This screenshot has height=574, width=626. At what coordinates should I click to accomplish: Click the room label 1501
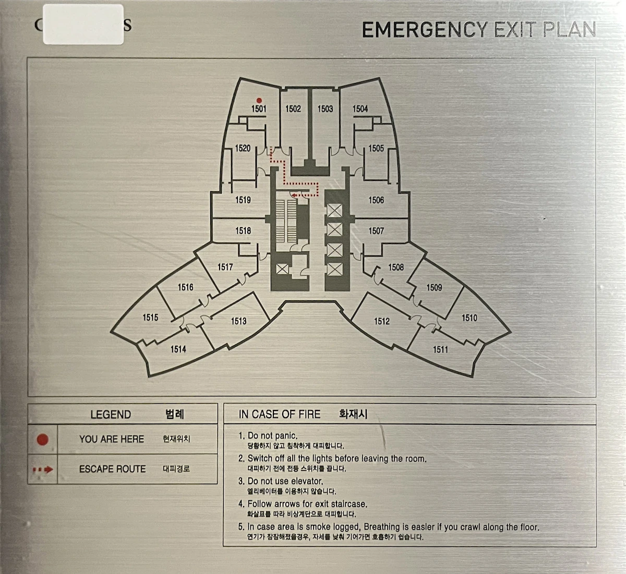(x=259, y=109)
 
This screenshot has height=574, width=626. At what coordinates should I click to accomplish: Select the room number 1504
(x=360, y=109)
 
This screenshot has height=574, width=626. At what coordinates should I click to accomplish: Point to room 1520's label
(x=243, y=148)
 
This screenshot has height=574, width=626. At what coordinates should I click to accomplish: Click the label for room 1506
(x=376, y=200)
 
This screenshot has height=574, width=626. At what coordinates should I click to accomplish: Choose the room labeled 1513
(x=239, y=321)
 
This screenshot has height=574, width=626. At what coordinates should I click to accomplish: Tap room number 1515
(x=150, y=318)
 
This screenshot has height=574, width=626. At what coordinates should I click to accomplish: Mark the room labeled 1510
(x=469, y=318)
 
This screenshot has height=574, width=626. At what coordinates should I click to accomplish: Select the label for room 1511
(x=440, y=349)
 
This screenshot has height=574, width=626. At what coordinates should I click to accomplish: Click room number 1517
(x=225, y=267)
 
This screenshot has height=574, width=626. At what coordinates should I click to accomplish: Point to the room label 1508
(x=396, y=267)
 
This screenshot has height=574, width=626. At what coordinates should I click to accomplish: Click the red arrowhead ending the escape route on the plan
(x=294, y=195)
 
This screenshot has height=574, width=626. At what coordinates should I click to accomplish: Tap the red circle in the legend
(x=43, y=440)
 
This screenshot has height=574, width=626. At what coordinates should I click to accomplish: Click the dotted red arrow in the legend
(x=43, y=470)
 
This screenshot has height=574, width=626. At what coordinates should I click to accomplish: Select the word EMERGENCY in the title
(x=425, y=30)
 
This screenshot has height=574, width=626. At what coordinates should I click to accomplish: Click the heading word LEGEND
(x=111, y=415)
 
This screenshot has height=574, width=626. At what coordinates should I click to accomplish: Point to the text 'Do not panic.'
(x=272, y=436)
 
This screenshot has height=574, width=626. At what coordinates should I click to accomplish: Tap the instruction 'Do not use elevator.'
(x=285, y=481)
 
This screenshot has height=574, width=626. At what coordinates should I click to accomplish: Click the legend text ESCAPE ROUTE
(x=112, y=469)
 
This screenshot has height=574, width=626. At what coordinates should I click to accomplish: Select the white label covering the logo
(x=83, y=24)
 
